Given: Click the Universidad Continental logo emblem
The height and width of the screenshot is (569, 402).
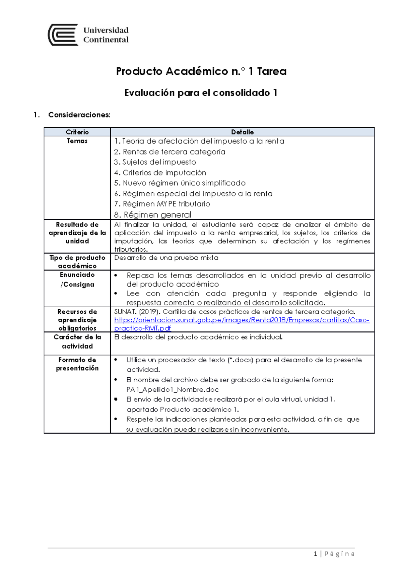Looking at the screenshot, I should point(63,35).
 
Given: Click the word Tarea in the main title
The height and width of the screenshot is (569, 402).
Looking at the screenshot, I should point(272,71).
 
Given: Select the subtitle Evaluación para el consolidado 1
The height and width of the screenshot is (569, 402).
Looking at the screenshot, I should point(201,93).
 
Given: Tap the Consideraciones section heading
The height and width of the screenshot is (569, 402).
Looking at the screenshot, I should point(79,115).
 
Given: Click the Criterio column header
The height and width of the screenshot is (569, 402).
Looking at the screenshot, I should point(77,132).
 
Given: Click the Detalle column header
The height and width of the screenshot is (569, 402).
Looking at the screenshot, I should point(242,132).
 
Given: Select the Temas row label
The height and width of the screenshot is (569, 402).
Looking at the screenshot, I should point(77,141).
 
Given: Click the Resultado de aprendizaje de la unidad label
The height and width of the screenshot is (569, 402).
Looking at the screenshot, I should point(77,233).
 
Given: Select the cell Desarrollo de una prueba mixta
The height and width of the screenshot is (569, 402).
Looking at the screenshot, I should point(166,258).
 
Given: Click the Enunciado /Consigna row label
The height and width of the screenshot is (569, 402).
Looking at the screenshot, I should point(77,279).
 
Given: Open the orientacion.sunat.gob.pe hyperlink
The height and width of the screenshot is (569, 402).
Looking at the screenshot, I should point(242,320).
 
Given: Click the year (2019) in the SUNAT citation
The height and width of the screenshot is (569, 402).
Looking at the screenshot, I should point(149,312).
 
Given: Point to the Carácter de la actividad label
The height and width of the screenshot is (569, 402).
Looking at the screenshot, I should point(77,341).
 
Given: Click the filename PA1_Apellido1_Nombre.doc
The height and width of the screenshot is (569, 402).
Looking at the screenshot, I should point(172,389).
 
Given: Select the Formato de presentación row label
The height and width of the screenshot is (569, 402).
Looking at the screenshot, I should point(77,364).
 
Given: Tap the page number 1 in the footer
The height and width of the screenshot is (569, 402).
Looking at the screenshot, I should point(315,554).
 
